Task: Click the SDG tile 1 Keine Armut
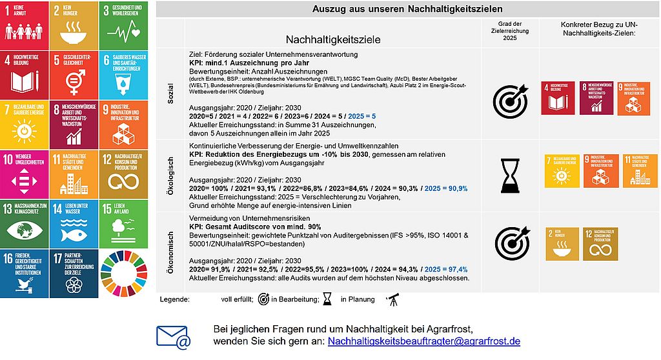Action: click(23, 24)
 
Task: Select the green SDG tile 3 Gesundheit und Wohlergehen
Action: click(123, 24)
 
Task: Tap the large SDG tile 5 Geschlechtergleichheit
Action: click(73, 73)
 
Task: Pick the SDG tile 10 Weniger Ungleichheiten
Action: click(23, 173)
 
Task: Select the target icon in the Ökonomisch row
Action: click(511, 243)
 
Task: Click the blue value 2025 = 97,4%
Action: click(447, 269)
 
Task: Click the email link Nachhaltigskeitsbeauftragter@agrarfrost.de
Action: click(424, 341)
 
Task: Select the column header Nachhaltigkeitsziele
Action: click(333, 39)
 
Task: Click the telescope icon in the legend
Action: click(391, 299)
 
